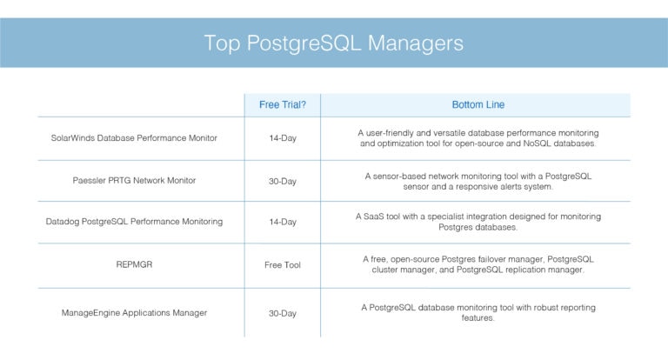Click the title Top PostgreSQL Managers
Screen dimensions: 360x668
tap(333, 43)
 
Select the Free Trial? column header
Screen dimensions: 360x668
tap(282, 105)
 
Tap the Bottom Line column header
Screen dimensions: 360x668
tap(478, 105)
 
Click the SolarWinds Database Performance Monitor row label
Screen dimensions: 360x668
tap(134, 138)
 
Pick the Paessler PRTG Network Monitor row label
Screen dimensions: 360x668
tap(134, 181)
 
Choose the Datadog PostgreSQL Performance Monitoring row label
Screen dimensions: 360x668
tap(134, 222)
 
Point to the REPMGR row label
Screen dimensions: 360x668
tap(134, 264)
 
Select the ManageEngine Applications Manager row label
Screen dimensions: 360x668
tap(134, 312)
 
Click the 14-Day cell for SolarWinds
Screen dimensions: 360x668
tap(282, 138)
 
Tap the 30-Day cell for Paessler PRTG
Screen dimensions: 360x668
tap(282, 181)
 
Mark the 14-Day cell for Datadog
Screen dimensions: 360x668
tap(282, 222)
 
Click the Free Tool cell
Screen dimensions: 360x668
tap(282, 264)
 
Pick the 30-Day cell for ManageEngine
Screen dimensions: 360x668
tap(282, 312)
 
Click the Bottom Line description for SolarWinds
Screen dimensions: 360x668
tap(478, 138)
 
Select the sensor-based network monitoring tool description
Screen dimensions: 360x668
tap(478, 181)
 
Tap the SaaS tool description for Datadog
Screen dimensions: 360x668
tap(478, 222)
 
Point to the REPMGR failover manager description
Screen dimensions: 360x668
tap(478, 264)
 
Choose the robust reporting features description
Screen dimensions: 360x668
tap(478, 312)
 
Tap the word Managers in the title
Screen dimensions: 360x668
tap(416, 43)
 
